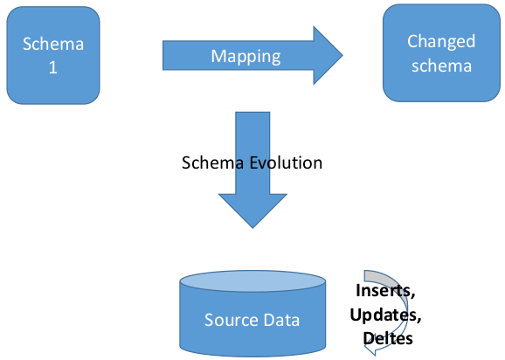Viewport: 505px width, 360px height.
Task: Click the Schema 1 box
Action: pyautogui.click(x=52, y=55)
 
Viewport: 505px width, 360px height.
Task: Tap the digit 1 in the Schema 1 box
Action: pyautogui.click(x=52, y=67)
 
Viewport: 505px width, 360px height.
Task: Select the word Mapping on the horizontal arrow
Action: pyautogui.click(x=246, y=57)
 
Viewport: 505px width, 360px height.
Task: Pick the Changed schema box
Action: pyautogui.click(x=441, y=53)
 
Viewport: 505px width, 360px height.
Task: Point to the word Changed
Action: pyautogui.click(x=441, y=41)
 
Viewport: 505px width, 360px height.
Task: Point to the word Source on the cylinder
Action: pyautogui.click(x=229, y=320)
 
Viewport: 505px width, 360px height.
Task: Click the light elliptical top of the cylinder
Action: pyautogui.click(x=252, y=282)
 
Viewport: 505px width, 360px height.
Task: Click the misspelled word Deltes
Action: pyautogui.click(x=386, y=336)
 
